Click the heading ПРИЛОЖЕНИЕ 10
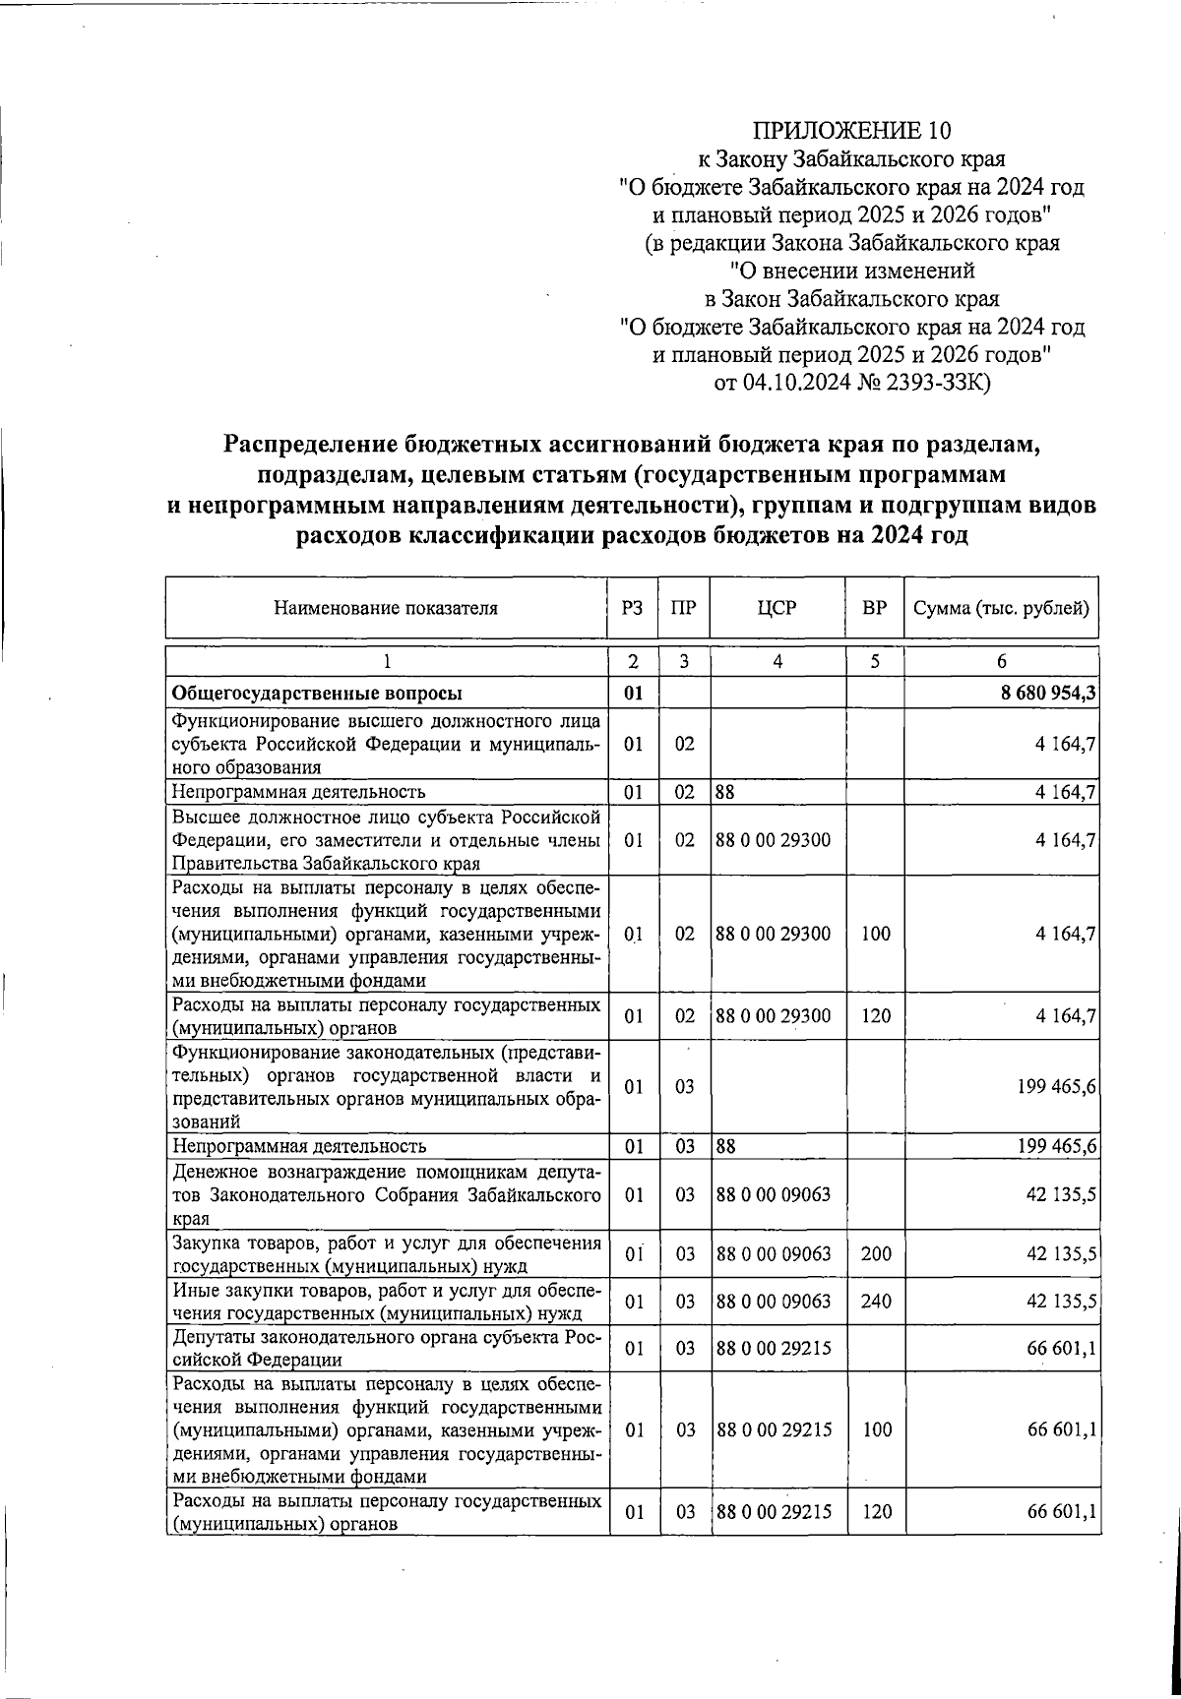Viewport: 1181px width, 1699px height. tap(852, 130)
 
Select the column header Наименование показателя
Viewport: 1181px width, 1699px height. tap(385, 608)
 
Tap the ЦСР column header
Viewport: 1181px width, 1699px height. tap(777, 608)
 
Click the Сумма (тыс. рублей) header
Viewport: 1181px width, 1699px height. tap(1001, 608)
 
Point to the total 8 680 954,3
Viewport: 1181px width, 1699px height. tap(1049, 694)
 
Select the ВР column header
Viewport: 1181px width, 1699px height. tap(874, 608)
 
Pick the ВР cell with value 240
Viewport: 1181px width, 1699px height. tap(875, 1302)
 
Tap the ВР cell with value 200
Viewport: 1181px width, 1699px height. tap(875, 1254)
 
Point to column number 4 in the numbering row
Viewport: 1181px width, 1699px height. tap(777, 662)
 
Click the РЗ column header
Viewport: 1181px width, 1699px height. tap(633, 608)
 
